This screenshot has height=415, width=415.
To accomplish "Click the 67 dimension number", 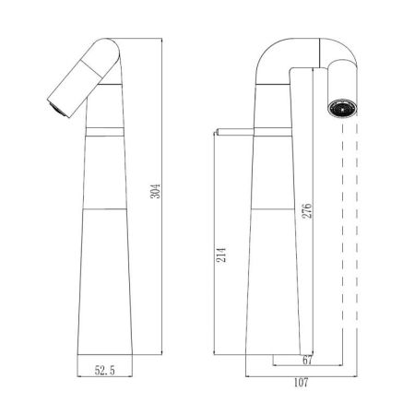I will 307,362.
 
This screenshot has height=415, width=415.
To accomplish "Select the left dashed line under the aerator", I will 329,231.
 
